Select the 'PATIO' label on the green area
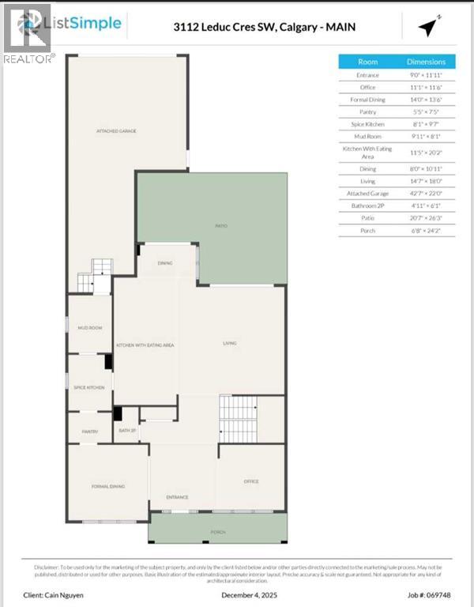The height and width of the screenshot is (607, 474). (222, 226)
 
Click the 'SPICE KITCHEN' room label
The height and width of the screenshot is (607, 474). (89, 387)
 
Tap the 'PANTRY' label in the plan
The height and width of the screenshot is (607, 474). (89, 432)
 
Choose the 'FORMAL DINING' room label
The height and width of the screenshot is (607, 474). (108, 486)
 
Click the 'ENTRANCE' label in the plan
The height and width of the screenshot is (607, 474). (177, 497)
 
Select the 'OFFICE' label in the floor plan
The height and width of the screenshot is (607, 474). (251, 481)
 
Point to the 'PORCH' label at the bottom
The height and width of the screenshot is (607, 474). (217, 533)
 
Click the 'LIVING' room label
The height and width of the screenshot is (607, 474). (229, 343)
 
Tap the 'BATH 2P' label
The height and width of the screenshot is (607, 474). (126, 431)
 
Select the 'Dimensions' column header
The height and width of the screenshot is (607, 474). (426, 62)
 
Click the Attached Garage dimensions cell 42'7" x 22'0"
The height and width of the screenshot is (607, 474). (426, 193)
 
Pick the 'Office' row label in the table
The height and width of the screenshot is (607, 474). (368, 88)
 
